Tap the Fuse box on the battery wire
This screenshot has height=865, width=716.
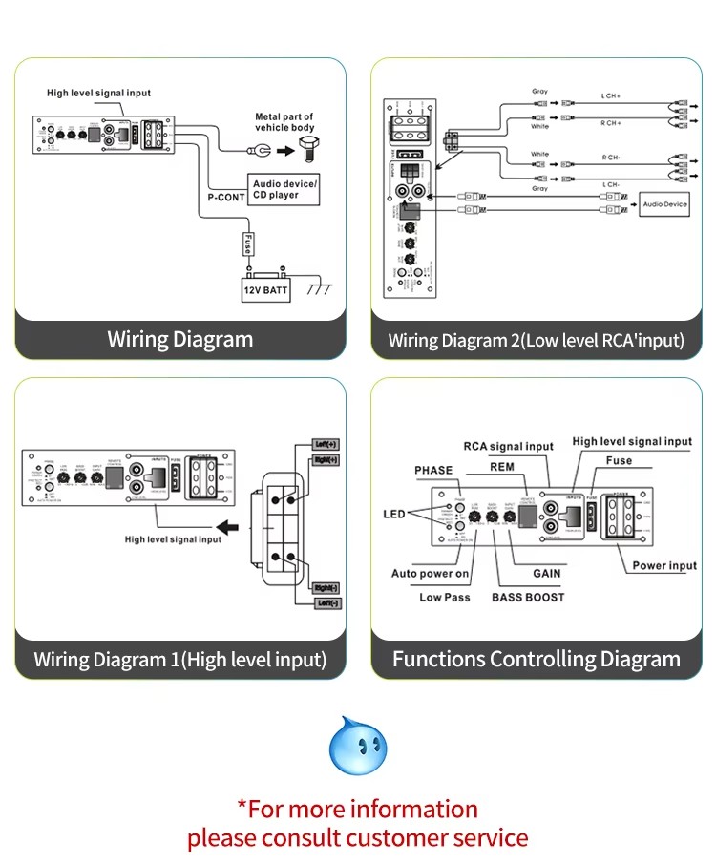click(247, 243)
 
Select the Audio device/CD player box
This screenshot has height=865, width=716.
click(284, 188)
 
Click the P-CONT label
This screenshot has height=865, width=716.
click(226, 198)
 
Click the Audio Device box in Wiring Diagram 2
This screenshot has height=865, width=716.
click(664, 203)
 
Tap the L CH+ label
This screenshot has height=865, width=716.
click(611, 96)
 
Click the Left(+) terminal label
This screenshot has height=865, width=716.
click(326, 444)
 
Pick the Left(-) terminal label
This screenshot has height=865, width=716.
click(326, 602)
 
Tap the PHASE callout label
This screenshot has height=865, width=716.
click(433, 470)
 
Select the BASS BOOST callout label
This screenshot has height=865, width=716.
click(528, 597)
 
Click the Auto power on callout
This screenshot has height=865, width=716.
click(430, 573)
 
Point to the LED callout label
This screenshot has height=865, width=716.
click(394, 514)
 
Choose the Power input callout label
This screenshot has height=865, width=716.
click(664, 565)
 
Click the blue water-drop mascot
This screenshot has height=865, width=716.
click(357, 746)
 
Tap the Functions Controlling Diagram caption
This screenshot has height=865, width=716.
click(536, 659)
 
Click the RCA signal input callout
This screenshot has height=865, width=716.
click(508, 446)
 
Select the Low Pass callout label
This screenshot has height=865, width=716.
click(445, 597)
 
